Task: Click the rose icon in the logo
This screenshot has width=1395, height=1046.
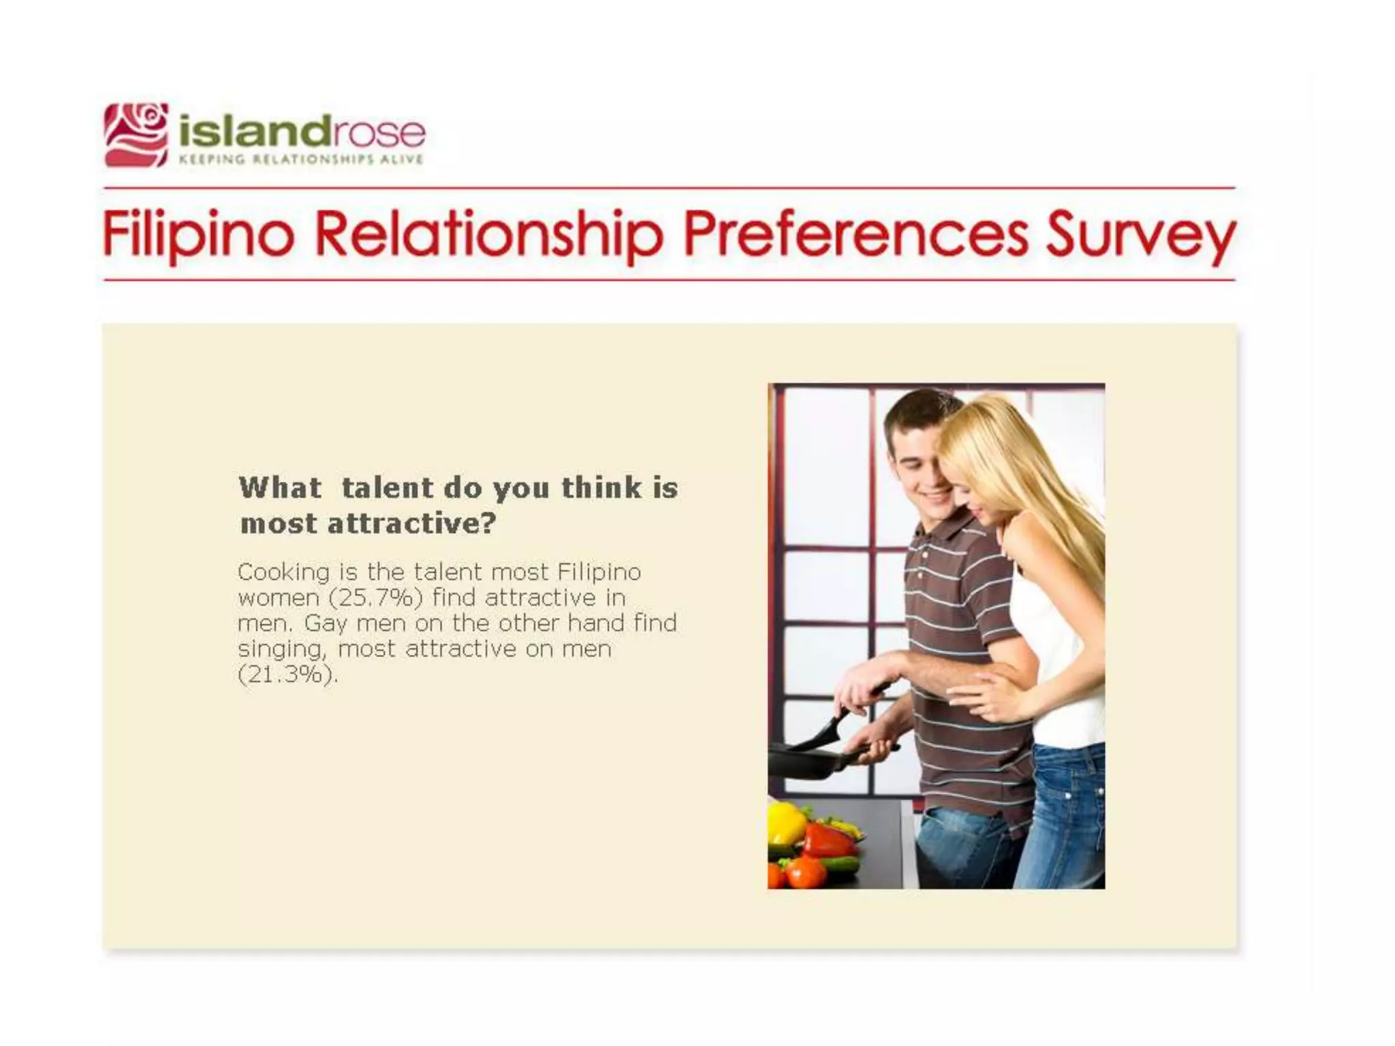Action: click(136, 135)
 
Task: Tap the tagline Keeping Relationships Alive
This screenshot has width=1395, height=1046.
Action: click(300, 159)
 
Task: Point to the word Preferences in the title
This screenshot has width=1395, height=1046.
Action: click(856, 234)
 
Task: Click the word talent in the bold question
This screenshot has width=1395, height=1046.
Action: click(387, 488)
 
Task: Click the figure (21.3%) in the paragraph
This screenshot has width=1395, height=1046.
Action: click(287, 675)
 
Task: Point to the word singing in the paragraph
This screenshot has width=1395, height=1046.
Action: click(281, 650)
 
